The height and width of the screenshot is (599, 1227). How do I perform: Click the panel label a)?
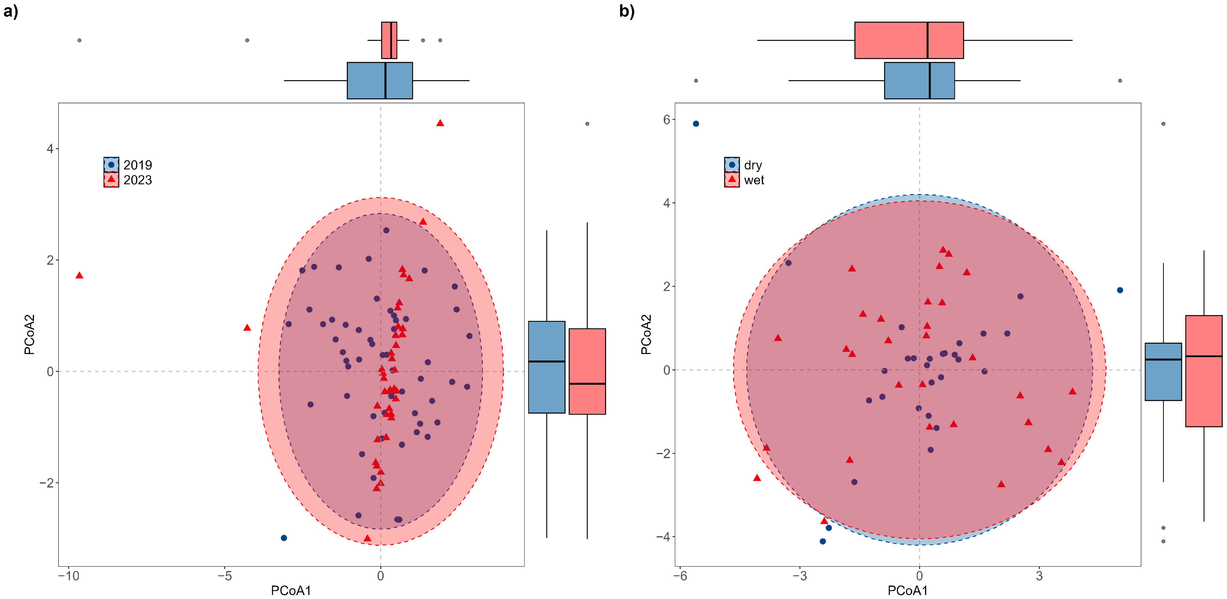click(x=11, y=11)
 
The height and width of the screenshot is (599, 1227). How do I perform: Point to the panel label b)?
click(x=627, y=11)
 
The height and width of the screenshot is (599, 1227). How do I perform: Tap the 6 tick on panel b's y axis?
click(x=666, y=120)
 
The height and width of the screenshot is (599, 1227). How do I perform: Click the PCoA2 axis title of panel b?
click(x=646, y=334)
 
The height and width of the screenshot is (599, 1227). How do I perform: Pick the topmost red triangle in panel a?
click(x=440, y=123)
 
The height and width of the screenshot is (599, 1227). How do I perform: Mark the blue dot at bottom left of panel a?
click(x=284, y=538)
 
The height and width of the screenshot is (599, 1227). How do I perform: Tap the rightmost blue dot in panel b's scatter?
click(x=1120, y=290)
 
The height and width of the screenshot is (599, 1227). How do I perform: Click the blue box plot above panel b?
click(x=919, y=80)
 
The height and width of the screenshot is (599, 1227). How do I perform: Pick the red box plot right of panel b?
click(x=1204, y=371)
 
